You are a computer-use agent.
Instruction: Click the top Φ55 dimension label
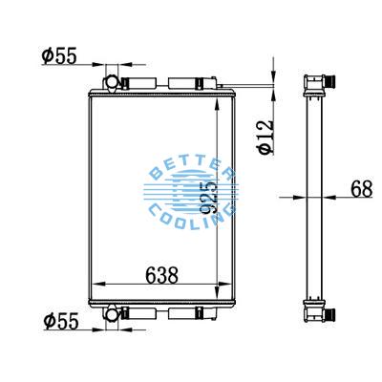pos(60,55)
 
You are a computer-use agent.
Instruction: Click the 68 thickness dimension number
pos(361,188)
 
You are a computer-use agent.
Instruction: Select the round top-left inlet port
pos(111,81)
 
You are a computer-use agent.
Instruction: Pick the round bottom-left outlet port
pos(111,313)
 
